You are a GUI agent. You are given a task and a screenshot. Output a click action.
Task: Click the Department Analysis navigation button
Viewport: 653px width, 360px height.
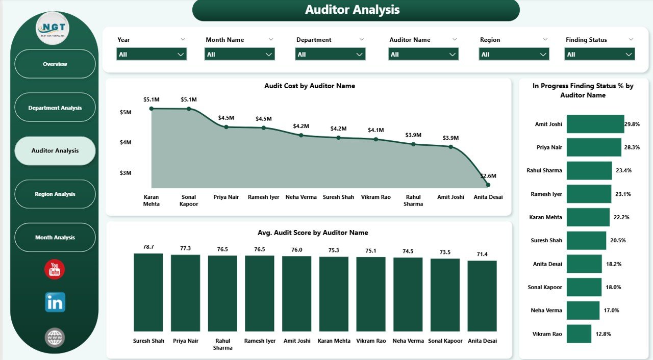55,108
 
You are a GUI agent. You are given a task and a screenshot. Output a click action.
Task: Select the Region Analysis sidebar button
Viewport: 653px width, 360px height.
55,194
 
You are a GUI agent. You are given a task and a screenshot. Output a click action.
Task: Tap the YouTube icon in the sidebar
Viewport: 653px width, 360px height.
55,270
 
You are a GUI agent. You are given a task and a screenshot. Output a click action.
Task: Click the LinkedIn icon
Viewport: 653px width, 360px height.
55,302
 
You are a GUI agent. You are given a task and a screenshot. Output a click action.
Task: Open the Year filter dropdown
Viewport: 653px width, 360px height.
152,54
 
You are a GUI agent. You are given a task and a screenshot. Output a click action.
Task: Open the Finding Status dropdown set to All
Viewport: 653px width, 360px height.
599,54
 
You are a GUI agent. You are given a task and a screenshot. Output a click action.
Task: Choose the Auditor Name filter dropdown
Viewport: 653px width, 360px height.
423,54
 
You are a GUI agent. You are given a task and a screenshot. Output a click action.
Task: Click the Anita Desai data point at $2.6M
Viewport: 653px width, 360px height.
488,185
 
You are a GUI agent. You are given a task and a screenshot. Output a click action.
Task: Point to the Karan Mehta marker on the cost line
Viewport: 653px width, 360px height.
152,109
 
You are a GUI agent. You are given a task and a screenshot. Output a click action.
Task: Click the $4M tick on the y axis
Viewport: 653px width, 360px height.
125,142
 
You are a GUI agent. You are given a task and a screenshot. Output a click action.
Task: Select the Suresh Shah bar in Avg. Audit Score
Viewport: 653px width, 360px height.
148,293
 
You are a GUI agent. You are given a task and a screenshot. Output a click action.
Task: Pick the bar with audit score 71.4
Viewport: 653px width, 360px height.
482,296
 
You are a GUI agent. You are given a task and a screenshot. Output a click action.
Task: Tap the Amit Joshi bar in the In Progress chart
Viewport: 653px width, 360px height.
595,124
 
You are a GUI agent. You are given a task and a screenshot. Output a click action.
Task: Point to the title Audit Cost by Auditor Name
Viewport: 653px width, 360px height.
309,86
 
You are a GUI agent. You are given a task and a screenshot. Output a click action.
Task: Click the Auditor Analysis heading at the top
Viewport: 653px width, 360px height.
353,10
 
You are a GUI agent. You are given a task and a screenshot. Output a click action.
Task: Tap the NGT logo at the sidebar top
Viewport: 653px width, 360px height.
54,28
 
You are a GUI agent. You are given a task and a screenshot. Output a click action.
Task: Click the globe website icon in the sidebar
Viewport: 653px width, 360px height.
55,337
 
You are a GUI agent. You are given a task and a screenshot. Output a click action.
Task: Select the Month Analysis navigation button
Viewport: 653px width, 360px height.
55,238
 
